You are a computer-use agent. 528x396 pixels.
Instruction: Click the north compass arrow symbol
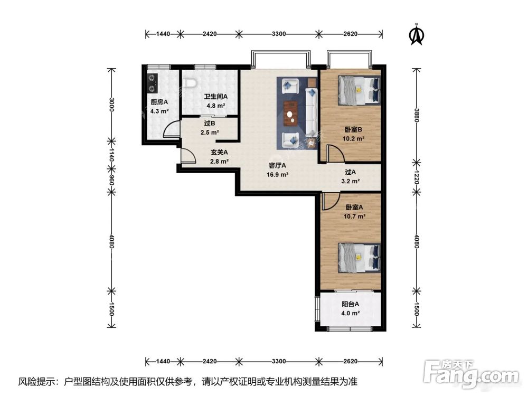pyautogui.click(x=417, y=35)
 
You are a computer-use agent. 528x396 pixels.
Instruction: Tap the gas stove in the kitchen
pyautogui.click(x=152, y=83)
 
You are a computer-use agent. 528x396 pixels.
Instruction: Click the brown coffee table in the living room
pyautogui.click(x=290, y=114)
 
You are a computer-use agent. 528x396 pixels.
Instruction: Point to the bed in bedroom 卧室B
pyautogui.click(x=359, y=90)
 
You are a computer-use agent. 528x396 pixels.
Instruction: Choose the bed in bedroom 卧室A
pyautogui.click(x=359, y=258)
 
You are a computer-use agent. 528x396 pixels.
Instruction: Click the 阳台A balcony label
pyautogui.click(x=350, y=304)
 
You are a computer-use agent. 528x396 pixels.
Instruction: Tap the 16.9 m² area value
pyautogui.click(x=278, y=175)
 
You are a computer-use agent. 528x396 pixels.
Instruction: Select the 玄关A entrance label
pyautogui.click(x=219, y=152)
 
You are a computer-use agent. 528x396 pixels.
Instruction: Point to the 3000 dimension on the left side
pyautogui.click(x=112, y=105)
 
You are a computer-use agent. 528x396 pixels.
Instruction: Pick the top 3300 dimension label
pyautogui.click(x=279, y=34)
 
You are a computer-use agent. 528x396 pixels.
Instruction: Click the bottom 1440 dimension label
pyautogui.click(x=163, y=361)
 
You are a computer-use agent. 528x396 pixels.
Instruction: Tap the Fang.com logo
pyautogui.click(x=471, y=373)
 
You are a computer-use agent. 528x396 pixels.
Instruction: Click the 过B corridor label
pyautogui.click(x=210, y=124)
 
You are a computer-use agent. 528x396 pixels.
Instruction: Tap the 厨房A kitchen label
pyautogui.click(x=159, y=102)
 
